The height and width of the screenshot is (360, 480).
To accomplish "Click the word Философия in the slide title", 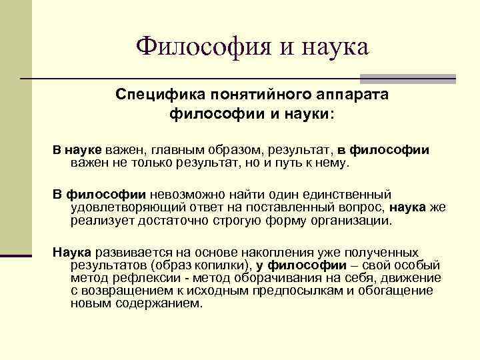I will point(195,46).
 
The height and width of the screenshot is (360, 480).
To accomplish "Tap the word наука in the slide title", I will point(331,46).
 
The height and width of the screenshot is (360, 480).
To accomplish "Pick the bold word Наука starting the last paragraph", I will point(74,253).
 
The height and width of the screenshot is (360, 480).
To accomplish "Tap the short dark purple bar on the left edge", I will point(16,255).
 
